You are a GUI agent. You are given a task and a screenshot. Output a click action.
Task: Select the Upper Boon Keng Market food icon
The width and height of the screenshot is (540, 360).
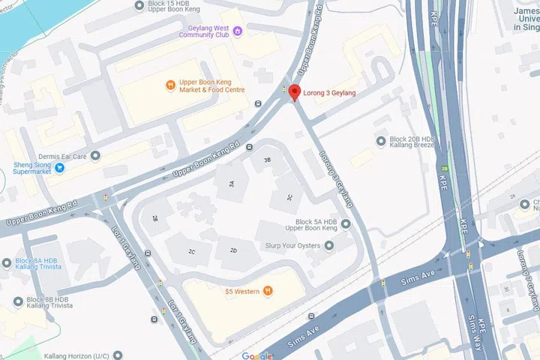click(171, 85)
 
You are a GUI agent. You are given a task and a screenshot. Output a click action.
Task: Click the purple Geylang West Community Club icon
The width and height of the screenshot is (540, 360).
click(238, 31)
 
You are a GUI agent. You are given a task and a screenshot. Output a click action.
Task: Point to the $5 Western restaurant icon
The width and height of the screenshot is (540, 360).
click(268, 291)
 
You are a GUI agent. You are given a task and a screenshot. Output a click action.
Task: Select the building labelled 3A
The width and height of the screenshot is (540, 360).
click(232, 183)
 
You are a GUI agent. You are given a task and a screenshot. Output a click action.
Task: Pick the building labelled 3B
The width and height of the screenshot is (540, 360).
click(266, 160)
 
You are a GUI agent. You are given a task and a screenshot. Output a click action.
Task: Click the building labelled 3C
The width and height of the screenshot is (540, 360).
click(289, 197)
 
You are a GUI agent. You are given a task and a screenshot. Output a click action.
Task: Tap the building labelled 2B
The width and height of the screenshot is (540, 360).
click(155, 218)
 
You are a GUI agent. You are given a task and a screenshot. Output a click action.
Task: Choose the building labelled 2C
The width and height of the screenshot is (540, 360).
click(191, 251)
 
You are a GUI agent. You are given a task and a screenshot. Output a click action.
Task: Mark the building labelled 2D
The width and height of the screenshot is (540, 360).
click(233, 250)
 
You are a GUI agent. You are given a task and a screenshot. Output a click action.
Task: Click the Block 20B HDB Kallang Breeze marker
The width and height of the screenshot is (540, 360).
click(380, 139)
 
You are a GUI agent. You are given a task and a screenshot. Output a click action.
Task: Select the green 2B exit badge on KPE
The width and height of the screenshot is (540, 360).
click(445, 169)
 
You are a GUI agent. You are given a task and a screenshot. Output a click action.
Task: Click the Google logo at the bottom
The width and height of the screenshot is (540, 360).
click(257, 355)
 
